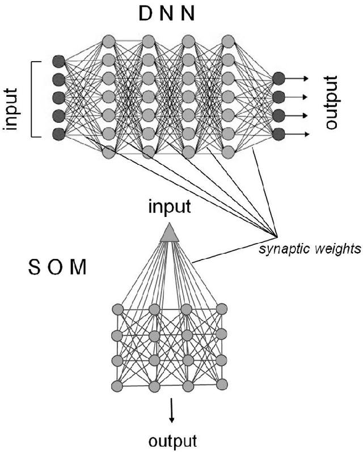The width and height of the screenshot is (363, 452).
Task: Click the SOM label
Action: point(57,267)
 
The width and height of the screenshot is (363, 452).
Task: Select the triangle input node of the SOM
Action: point(166,232)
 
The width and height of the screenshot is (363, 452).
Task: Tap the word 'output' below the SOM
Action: point(173,440)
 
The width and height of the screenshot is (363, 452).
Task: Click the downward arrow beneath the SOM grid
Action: point(172,410)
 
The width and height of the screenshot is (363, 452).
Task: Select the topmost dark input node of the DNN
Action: point(58,60)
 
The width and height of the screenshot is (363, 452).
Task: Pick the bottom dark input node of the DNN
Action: point(58,134)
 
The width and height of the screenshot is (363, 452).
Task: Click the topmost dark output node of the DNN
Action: point(278,78)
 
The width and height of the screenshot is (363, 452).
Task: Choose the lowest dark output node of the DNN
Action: point(278,134)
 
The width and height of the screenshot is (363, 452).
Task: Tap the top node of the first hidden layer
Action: point(109,41)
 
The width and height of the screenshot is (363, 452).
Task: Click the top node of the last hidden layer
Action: point(228,41)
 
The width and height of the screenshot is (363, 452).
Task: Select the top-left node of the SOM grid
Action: point(117,309)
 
